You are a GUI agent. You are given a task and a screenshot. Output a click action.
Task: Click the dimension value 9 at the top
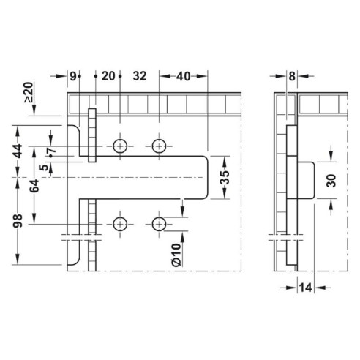click(x=73, y=76)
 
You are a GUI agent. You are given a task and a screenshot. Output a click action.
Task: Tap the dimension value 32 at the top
click(x=140, y=76)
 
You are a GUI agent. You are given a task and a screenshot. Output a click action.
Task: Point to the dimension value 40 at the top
click(x=183, y=76)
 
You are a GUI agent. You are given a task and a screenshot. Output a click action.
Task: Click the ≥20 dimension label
click(x=28, y=94)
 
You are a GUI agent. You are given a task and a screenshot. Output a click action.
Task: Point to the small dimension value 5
click(x=45, y=168)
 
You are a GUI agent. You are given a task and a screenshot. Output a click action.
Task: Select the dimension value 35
click(x=225, y=177)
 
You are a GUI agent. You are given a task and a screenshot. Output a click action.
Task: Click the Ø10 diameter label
click(x=176, y=253)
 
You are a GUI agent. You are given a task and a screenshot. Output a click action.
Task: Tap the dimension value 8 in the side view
click(x=292, y=76)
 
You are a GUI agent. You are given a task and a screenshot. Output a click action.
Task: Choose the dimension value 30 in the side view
click(x=331, y=180)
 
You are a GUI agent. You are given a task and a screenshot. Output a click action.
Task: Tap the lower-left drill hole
click(x=120, y=223)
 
